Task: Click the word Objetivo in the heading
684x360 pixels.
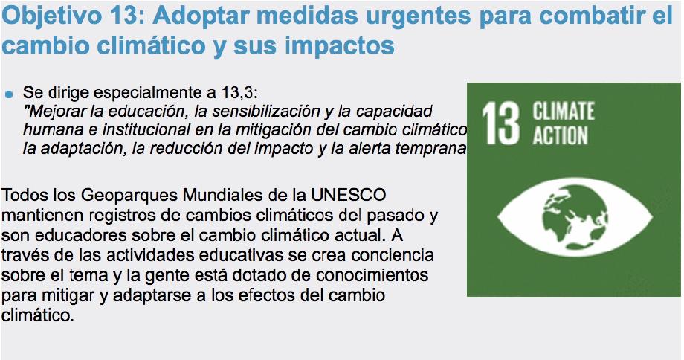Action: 51,16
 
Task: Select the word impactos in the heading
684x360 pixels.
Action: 340,45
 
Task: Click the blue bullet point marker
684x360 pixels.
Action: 9,94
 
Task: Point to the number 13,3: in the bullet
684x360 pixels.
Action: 239,92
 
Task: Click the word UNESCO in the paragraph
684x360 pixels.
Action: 348,195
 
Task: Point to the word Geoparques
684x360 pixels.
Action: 129,196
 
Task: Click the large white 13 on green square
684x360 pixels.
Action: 501,123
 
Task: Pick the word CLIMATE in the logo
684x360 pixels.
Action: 563,111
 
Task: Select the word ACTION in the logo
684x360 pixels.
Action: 560,135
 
